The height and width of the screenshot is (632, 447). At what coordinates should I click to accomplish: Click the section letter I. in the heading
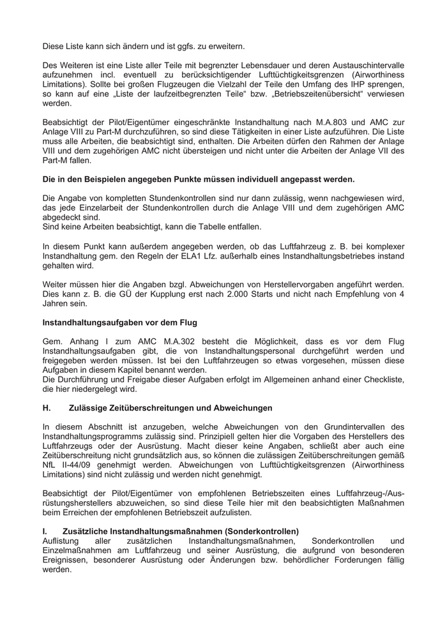click(45, 531)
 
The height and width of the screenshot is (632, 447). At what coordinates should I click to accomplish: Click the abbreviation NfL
click(49, 466)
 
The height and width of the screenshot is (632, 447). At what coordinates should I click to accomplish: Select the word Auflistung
click(63, 541)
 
